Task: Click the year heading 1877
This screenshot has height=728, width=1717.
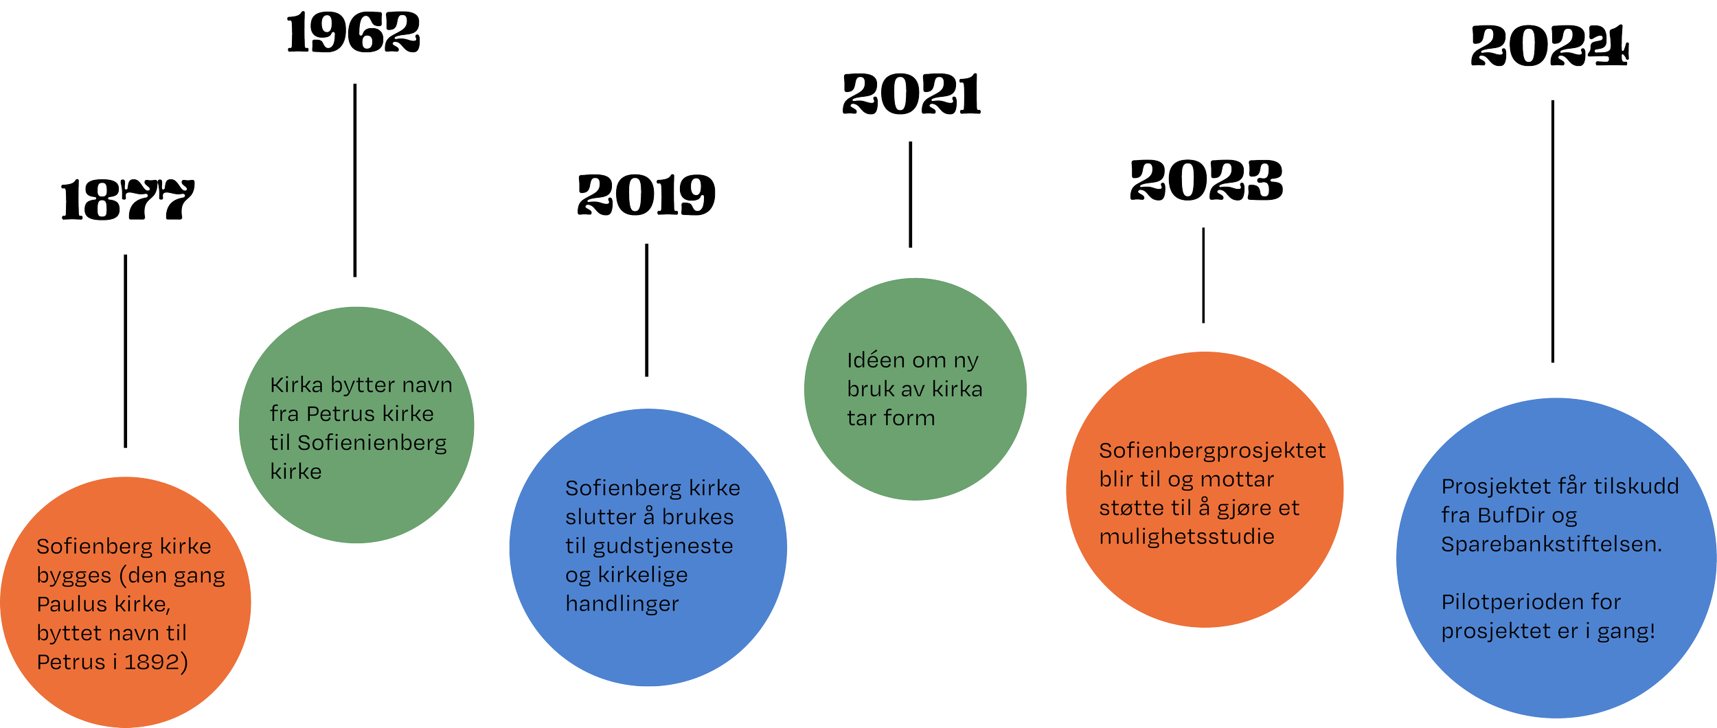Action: pos(128,201)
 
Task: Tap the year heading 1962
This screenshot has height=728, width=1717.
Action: pos(353,34)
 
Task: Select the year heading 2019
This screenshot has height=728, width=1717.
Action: pos(646,195)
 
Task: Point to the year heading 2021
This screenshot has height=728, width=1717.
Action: pos(911,95)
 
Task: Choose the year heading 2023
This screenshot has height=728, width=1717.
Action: pos(1206,181)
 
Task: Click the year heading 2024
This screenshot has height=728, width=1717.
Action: pos(1549,46)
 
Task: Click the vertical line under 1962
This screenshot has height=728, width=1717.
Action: pos(354,180)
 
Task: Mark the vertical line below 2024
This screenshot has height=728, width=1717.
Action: pos(1553,231)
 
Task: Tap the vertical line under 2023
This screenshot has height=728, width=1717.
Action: pos(1203,275)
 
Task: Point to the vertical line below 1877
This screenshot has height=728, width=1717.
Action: pos(125,351)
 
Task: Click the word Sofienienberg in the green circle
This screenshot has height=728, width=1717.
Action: pos(372,443)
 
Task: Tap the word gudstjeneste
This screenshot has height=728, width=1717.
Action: pos(663,547)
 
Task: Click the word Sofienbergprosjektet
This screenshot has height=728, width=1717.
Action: pos(1212,451)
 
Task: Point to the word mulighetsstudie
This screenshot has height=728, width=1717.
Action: pos(1186,536)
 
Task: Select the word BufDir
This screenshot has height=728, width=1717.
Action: pos(1509,516)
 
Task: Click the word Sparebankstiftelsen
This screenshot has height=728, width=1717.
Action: pos(1551,545)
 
